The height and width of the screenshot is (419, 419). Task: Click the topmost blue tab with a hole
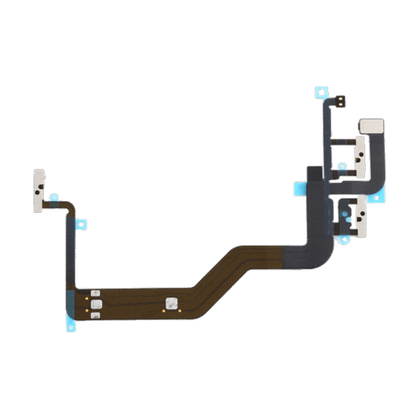(321, 91)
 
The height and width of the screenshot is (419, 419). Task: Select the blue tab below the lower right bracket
(343, 241)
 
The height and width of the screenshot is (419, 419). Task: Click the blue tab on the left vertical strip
(81, 223)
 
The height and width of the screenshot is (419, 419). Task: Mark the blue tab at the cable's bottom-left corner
(71, 323)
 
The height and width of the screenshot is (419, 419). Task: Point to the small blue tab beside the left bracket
(50, 197)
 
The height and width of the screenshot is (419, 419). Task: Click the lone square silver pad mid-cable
(170, 304)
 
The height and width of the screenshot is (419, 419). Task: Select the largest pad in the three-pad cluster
(96, 304)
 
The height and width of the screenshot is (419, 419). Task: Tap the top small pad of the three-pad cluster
(96, 294)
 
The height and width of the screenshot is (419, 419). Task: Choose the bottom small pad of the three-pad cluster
(96, 316)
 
